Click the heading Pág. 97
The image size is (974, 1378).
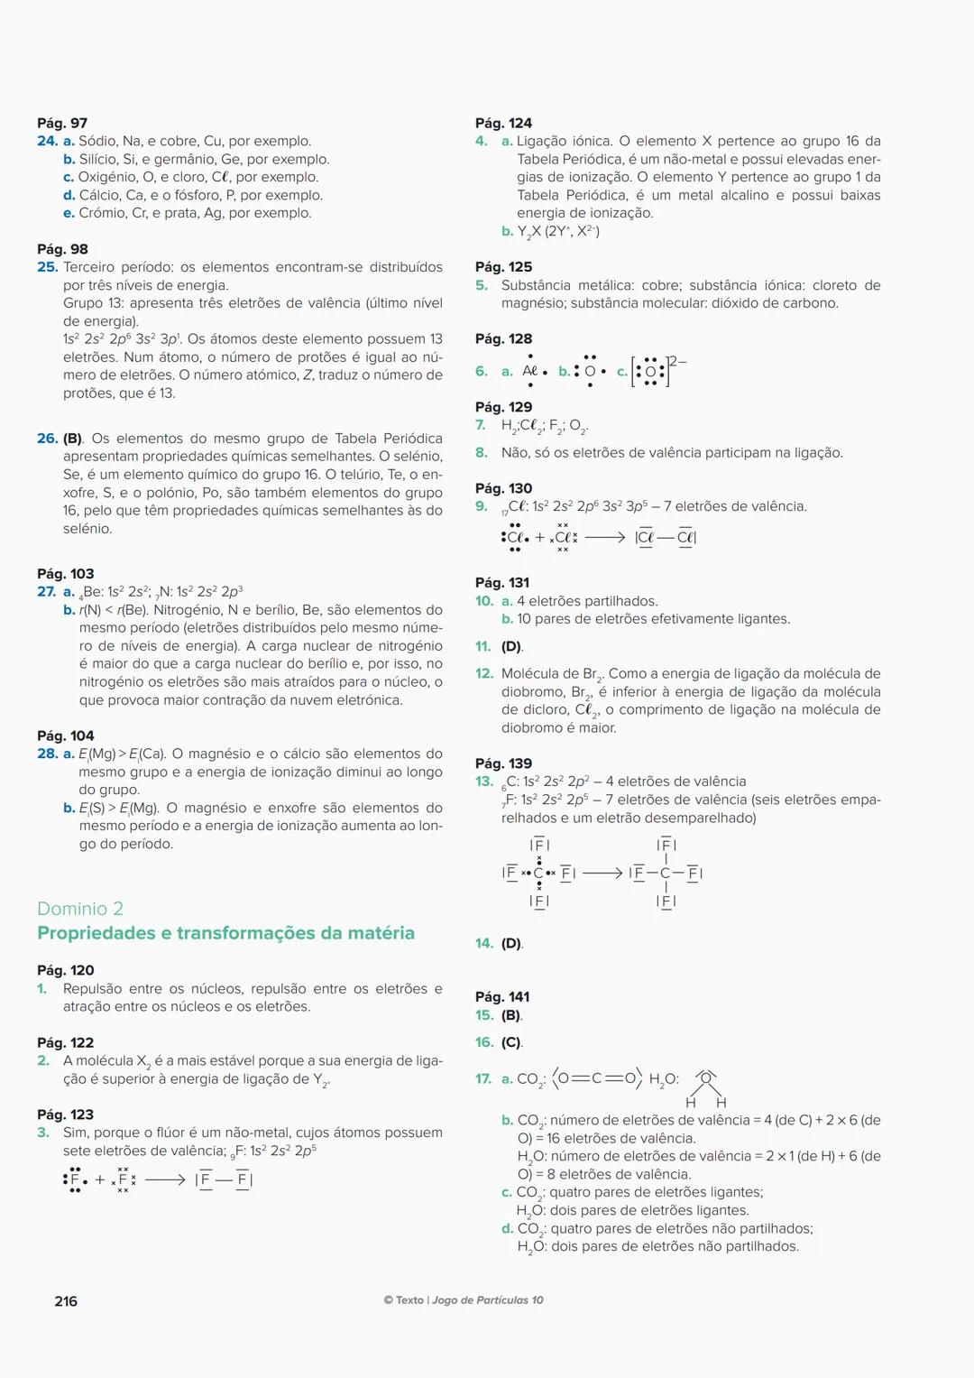tap(62, 123)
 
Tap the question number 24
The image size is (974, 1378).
tap(47, 141)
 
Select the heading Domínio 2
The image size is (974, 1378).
tap(80, 909)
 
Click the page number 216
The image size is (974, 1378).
tap(66, 1301)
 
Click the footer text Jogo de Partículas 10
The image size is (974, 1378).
tap(487, 1300)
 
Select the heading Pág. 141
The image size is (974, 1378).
tap(502, 997)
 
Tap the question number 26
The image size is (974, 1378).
tap(47, 439)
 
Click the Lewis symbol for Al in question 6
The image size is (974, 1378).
tap(532, 371)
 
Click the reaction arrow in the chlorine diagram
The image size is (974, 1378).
tap(604, 538)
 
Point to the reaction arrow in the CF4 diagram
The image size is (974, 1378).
tap(602, 873)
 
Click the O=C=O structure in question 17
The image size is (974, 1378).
tap(597, 1078)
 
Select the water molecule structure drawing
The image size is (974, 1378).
tap(706, 1088)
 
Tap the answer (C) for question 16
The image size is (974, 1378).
tap(511, 1042)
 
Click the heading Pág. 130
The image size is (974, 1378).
tap(503, 488)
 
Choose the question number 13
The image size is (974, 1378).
tap(484, 781)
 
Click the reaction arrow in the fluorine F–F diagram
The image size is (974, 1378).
tap(165, 1179)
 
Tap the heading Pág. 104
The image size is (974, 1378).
tap(65, 735)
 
